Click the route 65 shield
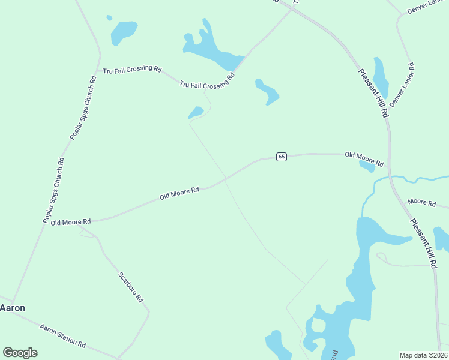coord(282,157)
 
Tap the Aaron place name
coord(13,308)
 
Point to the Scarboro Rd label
coord(130,287)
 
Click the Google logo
coord(20,353)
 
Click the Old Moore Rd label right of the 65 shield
coord(364,158)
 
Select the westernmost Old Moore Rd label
coord(70,222)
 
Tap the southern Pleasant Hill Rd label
coord(426,242)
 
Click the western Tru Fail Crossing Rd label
coord(132,70)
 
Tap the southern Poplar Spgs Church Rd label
coord(53,190)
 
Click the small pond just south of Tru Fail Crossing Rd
coord(196,112)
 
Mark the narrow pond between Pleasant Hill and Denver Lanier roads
coord(381,77)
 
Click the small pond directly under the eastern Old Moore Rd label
coord(367,167)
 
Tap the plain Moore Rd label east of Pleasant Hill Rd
coord(421,203)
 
